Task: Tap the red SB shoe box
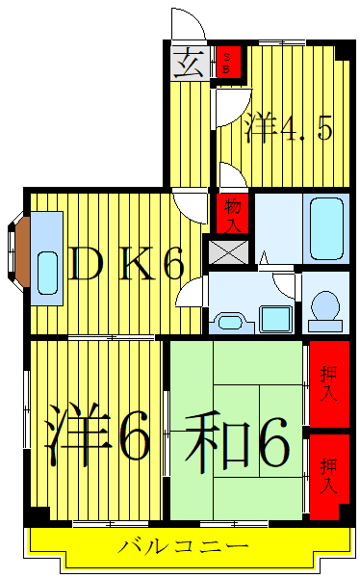point(227,65)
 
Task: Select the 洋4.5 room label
point(289,127)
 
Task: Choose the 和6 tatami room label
point(236,439)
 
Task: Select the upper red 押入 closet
point(328,384)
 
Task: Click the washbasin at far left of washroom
point(228,320)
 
